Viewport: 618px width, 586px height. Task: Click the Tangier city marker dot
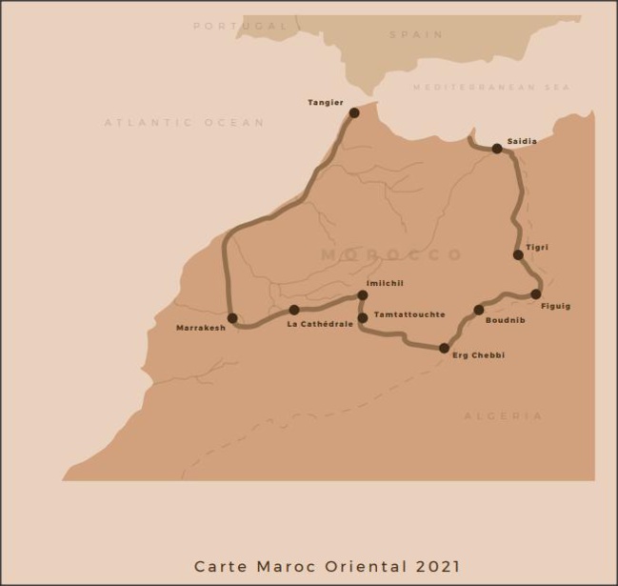click(x=354, y=112)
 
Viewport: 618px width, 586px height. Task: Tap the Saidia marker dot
click(x=497, y=149)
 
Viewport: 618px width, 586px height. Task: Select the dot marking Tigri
click(x=518, y=255)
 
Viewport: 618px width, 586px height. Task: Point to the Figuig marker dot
click(x=536, y=294)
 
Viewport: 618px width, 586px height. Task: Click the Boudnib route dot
click(x=479, y=310)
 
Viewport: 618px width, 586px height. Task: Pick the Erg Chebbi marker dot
click(x=444, y=349)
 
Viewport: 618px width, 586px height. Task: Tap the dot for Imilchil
click(x=363, y=295)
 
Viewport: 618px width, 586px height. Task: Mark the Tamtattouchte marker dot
click(x=363, y=318)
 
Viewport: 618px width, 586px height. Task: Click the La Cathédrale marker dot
click(x=294, y=310)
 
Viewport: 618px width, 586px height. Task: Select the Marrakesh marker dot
click(x=232, y=318)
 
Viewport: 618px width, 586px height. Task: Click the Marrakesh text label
click(x=201, y=329)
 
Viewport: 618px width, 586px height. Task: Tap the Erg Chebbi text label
click(x=478, y=355)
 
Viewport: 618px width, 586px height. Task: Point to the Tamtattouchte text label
click(x=409, y=314)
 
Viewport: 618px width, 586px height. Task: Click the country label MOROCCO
click(x=391, y=255)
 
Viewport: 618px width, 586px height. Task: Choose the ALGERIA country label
click(x=503, y=416)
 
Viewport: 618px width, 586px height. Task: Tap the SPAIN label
click(x=415, y=35)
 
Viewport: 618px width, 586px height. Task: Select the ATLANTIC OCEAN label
click(x=184, y=123)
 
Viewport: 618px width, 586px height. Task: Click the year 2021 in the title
click(x=438, y=567)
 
